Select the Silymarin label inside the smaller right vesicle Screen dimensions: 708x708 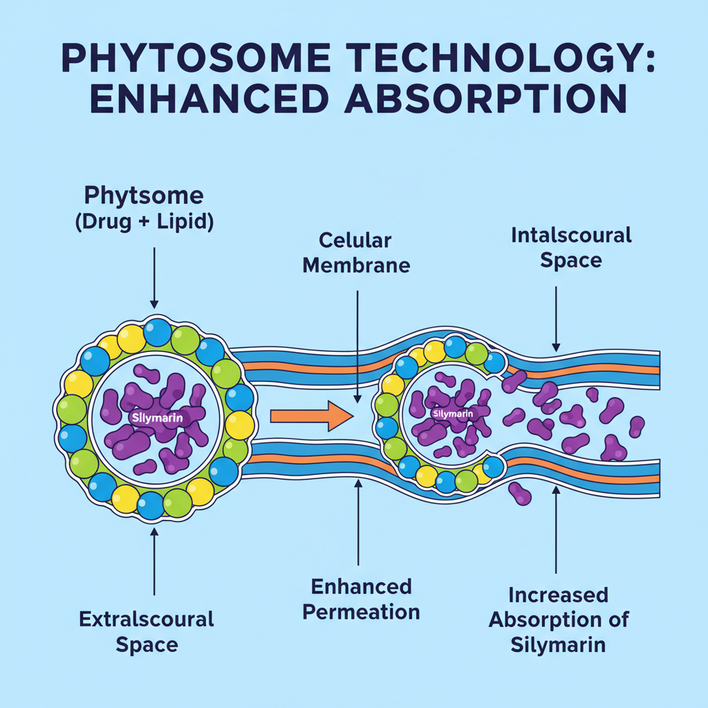tap(452, 414)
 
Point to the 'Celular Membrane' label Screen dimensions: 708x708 tap(356, 252)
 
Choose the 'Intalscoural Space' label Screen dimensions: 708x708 tap(571, 248)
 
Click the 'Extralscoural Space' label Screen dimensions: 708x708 tap(147, 631)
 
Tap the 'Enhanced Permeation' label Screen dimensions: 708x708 tap(361, 599)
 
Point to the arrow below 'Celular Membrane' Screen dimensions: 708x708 tap(357, 346)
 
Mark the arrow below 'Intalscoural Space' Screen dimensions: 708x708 tap(556, 318)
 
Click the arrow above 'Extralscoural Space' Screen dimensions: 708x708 tap(153, 560)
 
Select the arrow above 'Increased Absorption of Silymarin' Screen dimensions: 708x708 tap(557, 532)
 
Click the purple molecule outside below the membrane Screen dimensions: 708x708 tap(520, 493)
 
